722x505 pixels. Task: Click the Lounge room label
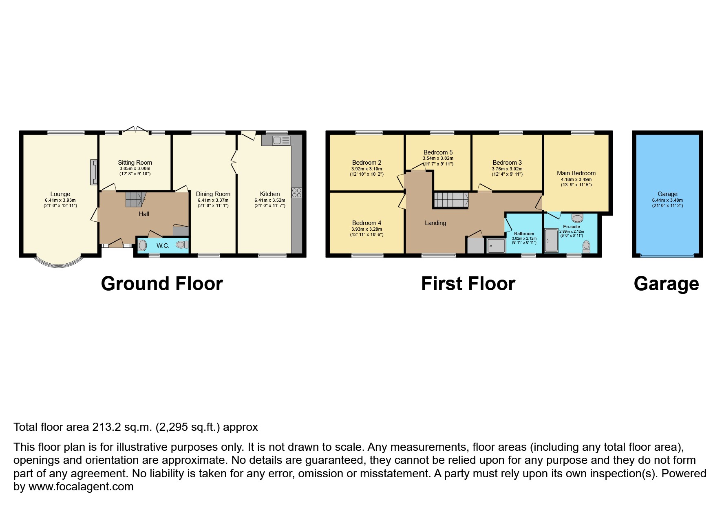point(60,194)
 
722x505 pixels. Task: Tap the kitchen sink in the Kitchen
point(281,140)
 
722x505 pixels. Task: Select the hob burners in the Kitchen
point(296,192)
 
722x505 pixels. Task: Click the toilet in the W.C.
point(182,245)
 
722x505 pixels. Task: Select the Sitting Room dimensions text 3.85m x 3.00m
point(135,168)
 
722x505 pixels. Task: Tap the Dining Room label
point(213,194)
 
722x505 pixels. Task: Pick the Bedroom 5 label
point(438,152)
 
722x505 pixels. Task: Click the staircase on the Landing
point(450,200)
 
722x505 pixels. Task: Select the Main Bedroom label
point(576,173)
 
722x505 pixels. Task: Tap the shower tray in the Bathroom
point(496,246)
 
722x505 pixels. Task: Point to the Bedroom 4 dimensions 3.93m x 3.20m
point(367,229)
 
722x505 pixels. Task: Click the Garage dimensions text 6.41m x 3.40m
point(667,200)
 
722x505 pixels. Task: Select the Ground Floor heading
point(162,284)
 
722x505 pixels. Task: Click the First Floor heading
point(468,284)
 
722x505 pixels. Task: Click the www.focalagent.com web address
point(81,487)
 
